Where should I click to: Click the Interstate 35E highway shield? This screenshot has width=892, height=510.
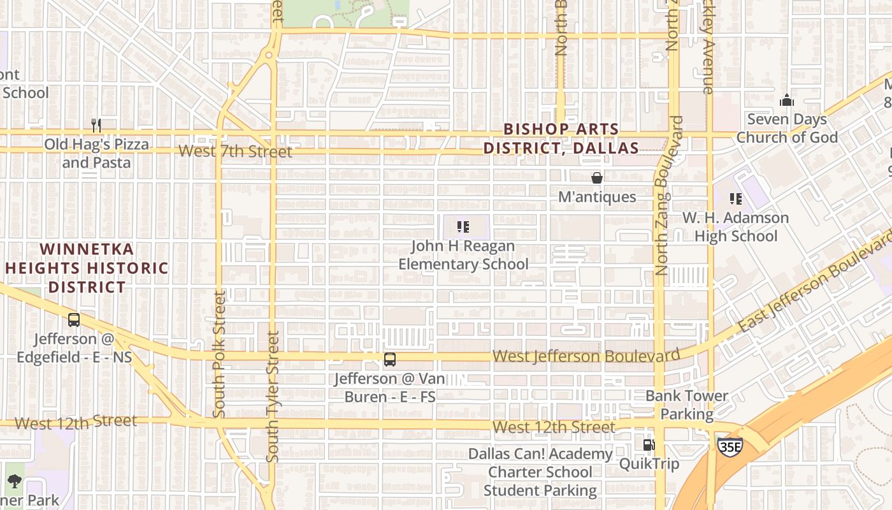coord(730,446)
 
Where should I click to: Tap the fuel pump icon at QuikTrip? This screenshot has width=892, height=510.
coord(649,444)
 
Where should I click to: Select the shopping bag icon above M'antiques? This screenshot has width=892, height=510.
coord(597,178)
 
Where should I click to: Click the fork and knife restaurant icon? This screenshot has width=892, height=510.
coord(96,125)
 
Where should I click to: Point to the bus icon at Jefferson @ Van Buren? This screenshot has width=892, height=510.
coord(390,360)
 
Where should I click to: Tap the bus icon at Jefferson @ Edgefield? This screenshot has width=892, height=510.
coord(74,320)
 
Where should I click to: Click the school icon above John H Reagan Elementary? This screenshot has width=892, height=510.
coord(463,226)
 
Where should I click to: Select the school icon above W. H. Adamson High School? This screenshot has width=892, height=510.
coord(736,199)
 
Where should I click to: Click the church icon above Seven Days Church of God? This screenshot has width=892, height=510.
coord(787,101)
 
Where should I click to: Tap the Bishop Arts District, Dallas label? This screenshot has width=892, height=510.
coord(561,138)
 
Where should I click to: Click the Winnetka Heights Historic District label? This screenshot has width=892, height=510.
coord(87,268)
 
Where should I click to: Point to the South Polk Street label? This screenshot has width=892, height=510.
coord(220,354)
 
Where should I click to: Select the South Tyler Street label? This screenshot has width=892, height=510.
coord(273,397)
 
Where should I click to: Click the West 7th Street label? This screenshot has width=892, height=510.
coord(235,151)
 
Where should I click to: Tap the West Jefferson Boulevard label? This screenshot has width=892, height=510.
coord(586,356)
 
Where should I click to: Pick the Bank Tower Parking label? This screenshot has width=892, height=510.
coord(687,405)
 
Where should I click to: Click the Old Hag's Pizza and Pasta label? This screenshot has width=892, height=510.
coord(96,153)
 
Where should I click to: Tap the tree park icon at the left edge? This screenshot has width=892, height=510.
coord(14,481)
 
